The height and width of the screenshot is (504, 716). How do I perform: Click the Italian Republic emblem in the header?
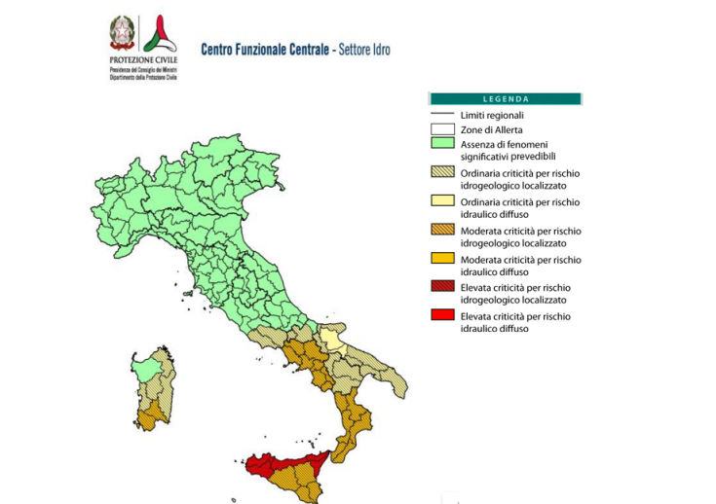coord(123,34)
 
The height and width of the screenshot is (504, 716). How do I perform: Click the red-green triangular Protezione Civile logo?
coord(158,35)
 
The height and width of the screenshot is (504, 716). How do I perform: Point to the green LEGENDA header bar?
coord(506,98)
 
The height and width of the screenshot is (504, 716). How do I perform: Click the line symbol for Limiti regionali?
coord(443,115)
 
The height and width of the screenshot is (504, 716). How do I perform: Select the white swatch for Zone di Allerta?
coord(443,129)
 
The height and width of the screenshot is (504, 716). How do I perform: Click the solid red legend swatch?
coord(443,316)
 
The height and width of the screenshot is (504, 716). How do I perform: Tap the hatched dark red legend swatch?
coord(443,288)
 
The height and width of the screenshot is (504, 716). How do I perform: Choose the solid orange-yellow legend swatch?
coord(443,260)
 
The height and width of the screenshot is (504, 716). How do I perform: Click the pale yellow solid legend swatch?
coord(443,202)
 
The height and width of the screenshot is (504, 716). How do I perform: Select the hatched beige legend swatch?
coord(443,173)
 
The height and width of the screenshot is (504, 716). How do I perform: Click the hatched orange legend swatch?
coord(443,231)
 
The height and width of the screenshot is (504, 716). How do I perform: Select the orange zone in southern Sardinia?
coord(150,417)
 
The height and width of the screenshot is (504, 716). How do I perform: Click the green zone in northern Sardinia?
coord(146,370)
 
